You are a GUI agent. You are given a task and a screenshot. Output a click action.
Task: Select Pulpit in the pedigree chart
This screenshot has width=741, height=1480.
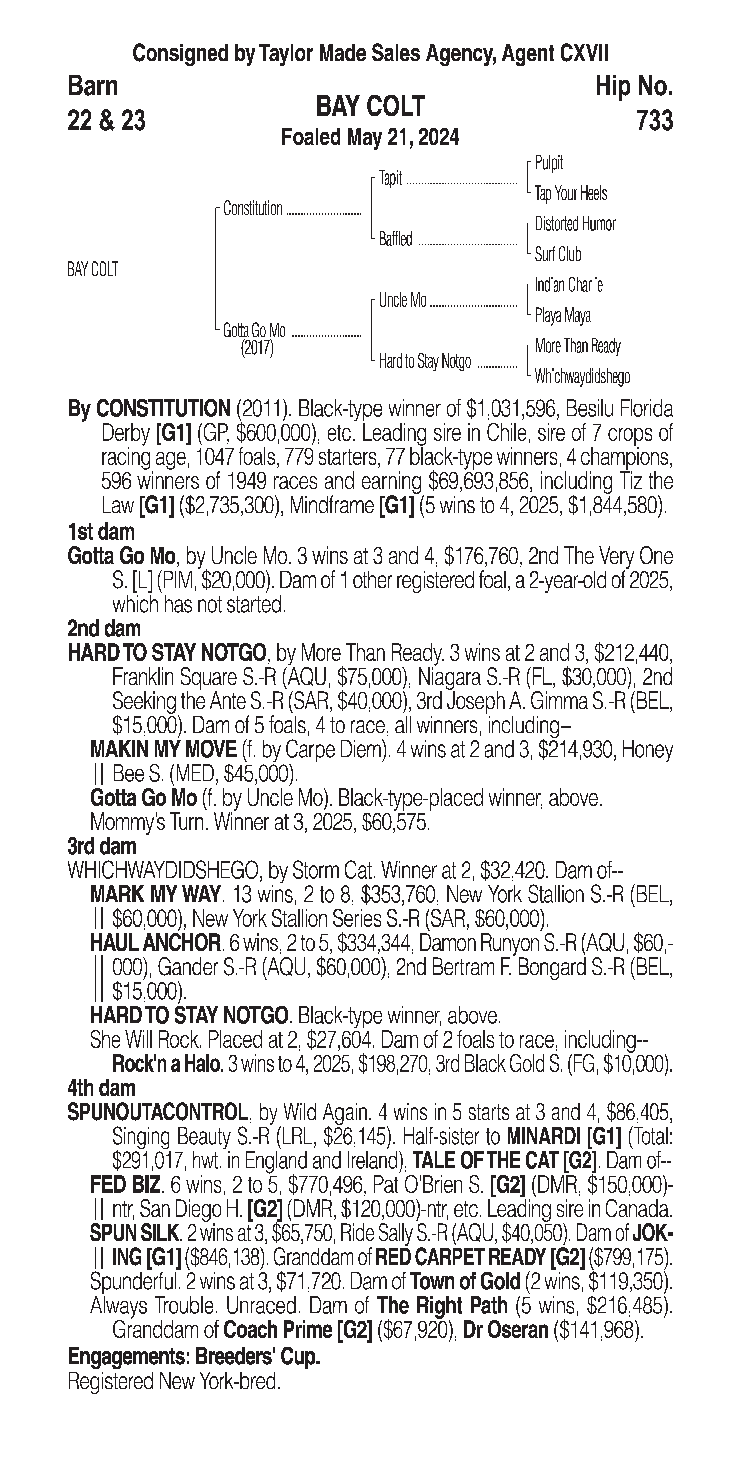549,163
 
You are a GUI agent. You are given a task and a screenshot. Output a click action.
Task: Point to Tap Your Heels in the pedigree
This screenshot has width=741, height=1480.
570,194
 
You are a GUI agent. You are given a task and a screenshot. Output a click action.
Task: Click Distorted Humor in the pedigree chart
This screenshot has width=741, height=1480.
574,224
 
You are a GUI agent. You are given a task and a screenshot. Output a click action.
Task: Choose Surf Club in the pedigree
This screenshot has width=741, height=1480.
558,255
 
